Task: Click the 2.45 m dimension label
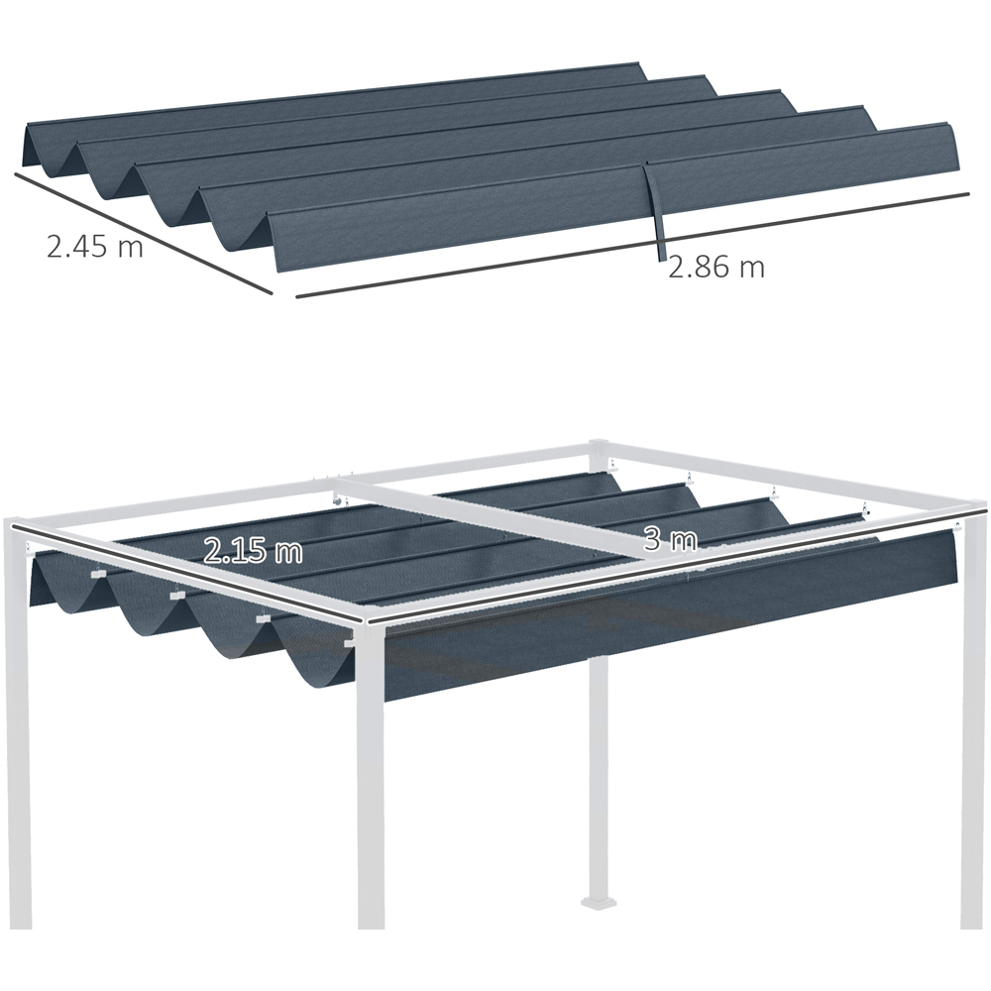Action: (x=95, y=246)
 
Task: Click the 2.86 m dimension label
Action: (x=716, y=267)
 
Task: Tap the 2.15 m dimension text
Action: (x=253, y=551)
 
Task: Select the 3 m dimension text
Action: (x=670, y=539)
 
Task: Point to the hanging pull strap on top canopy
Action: (x=654, y=212)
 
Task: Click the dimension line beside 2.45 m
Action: (x=144, y=233)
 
